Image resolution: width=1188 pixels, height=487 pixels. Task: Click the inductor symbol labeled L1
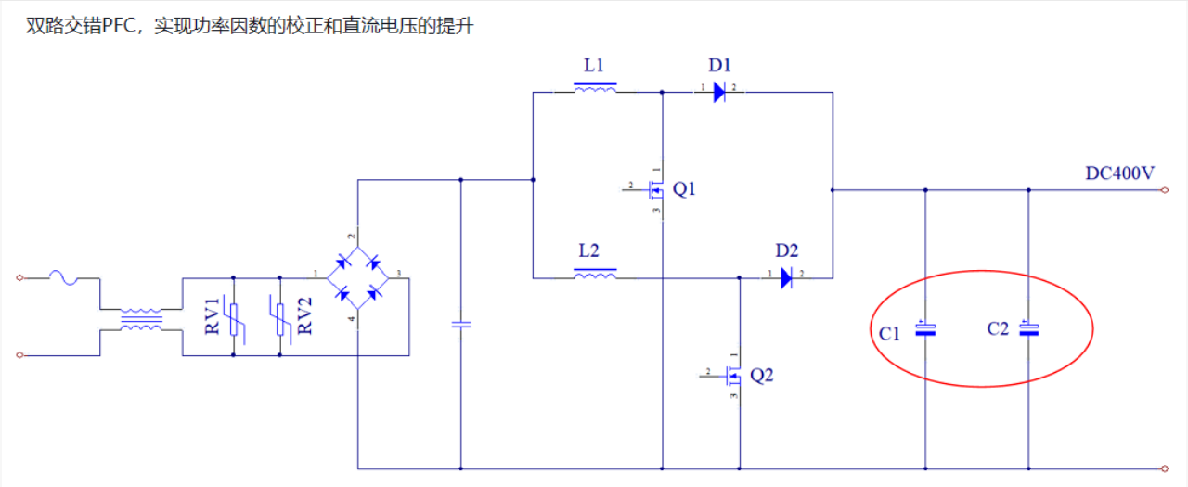tap(595, 89)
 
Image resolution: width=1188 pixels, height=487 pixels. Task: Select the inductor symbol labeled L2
tap(595, 275)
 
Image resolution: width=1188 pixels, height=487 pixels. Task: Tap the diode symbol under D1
tap(718, 92)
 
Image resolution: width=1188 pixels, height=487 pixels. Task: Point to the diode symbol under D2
tap(785, 277)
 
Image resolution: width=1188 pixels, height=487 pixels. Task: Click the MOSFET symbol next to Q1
tap(656, 191)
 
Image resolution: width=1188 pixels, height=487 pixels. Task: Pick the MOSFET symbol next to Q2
tap(733, 376)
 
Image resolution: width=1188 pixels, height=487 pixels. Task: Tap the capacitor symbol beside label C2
tap(1028, 328)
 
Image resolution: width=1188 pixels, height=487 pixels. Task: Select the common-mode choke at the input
tap(141, 320)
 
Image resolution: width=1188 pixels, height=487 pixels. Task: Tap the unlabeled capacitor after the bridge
tap(461, 324)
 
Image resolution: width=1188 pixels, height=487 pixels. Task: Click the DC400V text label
tap(1119, 173)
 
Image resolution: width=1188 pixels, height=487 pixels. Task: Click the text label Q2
tap(761, 376)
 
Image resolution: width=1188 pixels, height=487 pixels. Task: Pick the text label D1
tap(719, 66)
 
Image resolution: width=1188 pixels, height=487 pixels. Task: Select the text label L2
tap(589, 250)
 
